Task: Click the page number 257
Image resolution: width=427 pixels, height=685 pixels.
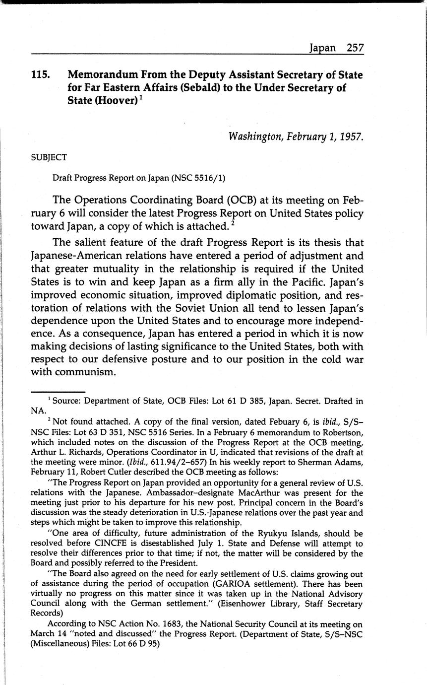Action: click(x=355, y=48)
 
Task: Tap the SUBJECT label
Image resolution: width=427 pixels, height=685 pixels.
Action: click(x=49, y=157)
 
